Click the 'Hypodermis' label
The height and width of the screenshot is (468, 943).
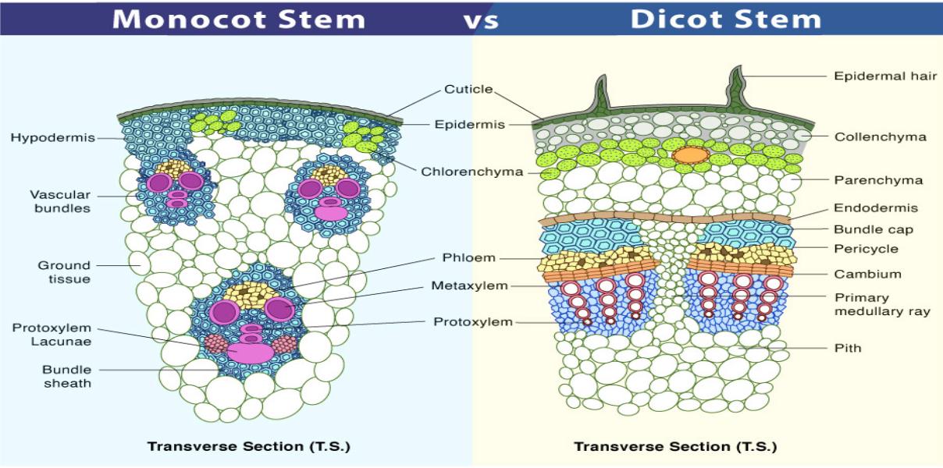[52, 138]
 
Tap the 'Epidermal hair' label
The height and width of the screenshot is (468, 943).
[885, 76]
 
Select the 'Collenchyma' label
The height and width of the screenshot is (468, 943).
[881, 137]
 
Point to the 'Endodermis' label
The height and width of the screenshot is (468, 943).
[876, 207]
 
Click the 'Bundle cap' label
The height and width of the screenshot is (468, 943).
[874, 229]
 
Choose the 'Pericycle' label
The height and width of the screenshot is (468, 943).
[866, 249]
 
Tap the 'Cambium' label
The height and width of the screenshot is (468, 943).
[867, 274]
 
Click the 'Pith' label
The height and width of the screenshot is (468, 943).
[848, 348]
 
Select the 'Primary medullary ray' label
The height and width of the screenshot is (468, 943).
[882, 304]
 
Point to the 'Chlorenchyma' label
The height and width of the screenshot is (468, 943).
[472, 172]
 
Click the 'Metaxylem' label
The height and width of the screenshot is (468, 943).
[469, 286]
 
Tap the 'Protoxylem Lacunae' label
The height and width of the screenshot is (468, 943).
[52, 335]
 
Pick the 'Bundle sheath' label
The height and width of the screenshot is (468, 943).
[67, 377]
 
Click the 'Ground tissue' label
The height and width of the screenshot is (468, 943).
[64, 272]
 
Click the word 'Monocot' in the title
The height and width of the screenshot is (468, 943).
[189, 19]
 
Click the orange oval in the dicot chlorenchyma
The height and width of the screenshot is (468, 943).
[690, 155]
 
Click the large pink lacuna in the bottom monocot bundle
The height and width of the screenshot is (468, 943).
[251, 353]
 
